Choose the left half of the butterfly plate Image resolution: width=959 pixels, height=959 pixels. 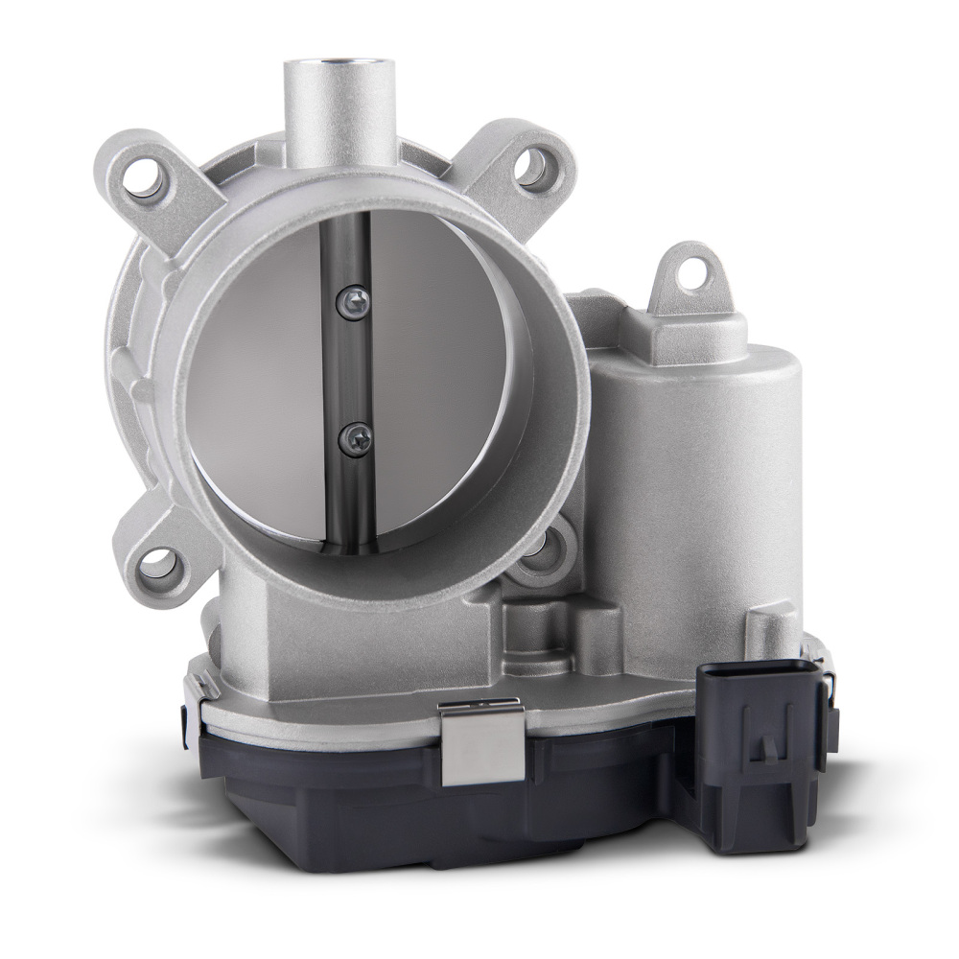269,384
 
